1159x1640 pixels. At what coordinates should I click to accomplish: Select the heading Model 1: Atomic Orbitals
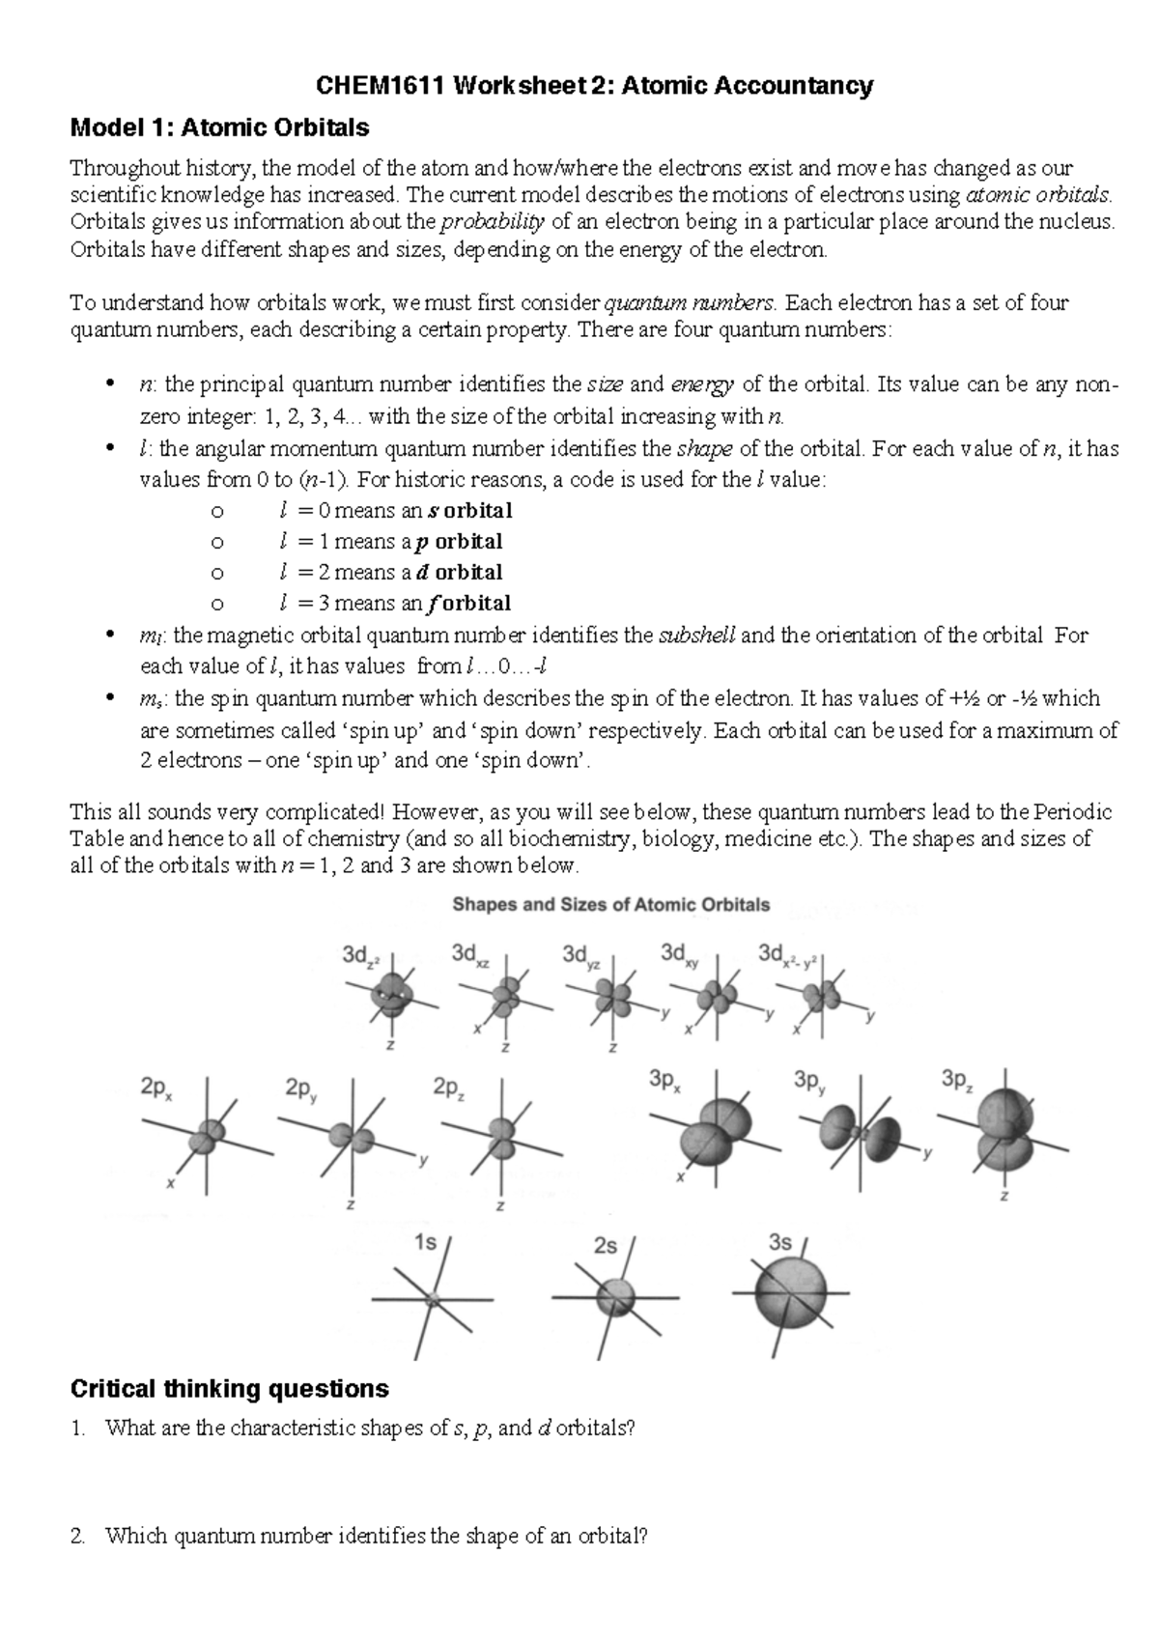[x=220, y=127]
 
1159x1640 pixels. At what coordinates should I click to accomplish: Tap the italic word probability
[x=492, y=223]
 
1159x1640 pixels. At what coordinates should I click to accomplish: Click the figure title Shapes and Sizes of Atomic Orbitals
[x=611, y=905]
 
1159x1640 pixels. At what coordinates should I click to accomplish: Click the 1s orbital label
[x=425, y=1243]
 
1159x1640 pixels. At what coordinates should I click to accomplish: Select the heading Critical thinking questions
[x=230, y=1389]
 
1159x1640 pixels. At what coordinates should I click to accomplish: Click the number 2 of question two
[x=77, y=1536]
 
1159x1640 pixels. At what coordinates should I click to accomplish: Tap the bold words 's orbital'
[x=469, y=510]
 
